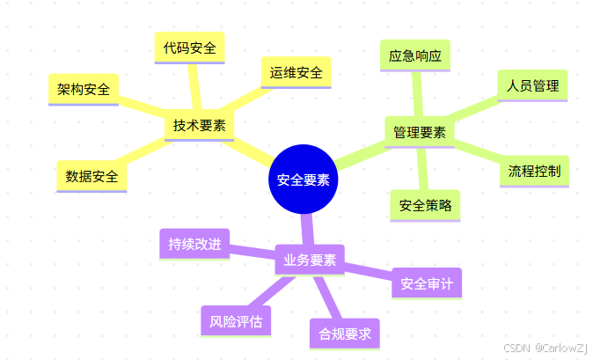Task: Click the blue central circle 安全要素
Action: (x=304, y=180)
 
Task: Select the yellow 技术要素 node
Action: (x=199, y=126)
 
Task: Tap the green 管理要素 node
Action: (x=419, y=133)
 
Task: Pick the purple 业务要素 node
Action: (x=310, y=260)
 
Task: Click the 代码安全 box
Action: (x=189, y=48)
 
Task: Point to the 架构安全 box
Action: (x=84, y=89)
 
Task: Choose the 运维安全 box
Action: (x=296, y=71)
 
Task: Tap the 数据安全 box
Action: (x=92, y=176)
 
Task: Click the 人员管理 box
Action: (x=532, y=85)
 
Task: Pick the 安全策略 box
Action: (x=425, y=205)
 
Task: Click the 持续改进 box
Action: (x=194, y=244)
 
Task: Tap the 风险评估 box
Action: (x=236, y=320)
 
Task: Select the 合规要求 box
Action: (x=344, y=334)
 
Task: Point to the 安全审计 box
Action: (x=426, y=283)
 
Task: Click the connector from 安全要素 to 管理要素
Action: (x=361, y=157)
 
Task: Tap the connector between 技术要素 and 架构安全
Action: (x=141, y=107)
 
